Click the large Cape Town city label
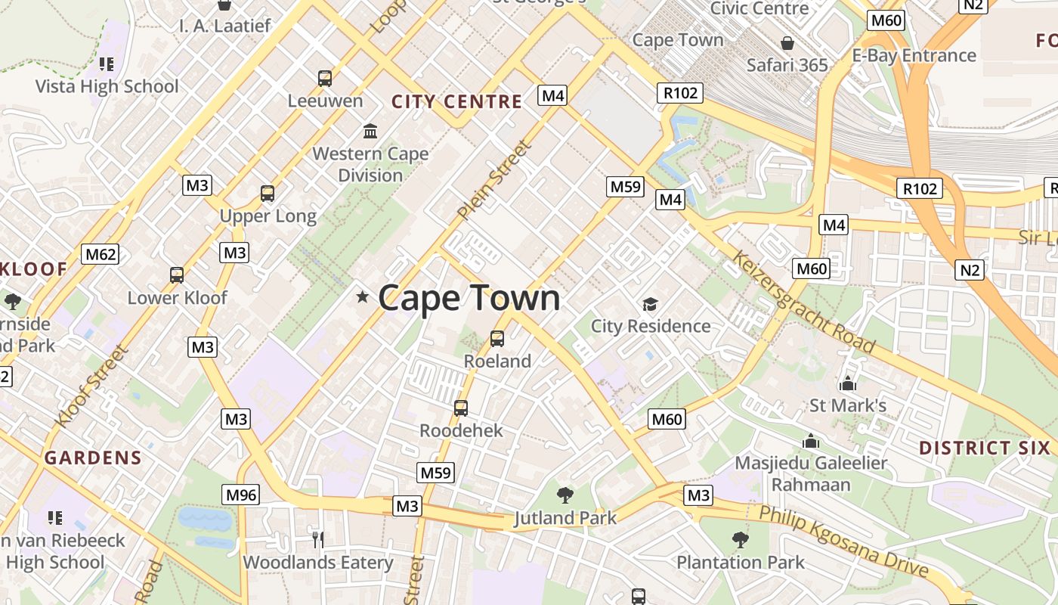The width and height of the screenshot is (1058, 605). [x=469, y=297]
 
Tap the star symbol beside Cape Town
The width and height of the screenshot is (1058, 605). [x=363, y=297]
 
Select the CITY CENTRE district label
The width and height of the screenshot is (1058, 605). [x=456, y=101]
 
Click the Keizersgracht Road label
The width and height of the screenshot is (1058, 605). [x=803, y=302]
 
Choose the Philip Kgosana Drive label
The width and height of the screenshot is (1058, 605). [x=843, y=541]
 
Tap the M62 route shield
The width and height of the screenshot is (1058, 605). [x=101, y=254]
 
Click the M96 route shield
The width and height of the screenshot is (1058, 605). [x=241, y=495]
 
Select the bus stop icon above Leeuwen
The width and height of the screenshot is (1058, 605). [x=325, y=78]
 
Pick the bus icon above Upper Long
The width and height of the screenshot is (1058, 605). [x=268, y=193]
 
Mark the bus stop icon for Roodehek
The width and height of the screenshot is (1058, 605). [x=461, y=408]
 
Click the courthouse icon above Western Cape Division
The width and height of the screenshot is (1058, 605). [x=370, y=131]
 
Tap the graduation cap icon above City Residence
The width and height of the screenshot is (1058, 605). [x=650, y=304]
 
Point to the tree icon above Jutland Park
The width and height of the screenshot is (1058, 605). [x=565, y=495]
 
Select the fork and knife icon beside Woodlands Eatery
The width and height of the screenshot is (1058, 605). [x=318, y=539]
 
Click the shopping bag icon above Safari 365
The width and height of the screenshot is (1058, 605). [x=787, y=43]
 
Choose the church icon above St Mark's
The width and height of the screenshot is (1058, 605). [x=848, y=383]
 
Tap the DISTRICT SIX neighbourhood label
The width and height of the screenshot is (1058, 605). [x=985, y=448]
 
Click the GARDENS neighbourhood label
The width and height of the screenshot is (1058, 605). [x=93, y=458]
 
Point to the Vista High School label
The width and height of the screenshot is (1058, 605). [x=107, y=86]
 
